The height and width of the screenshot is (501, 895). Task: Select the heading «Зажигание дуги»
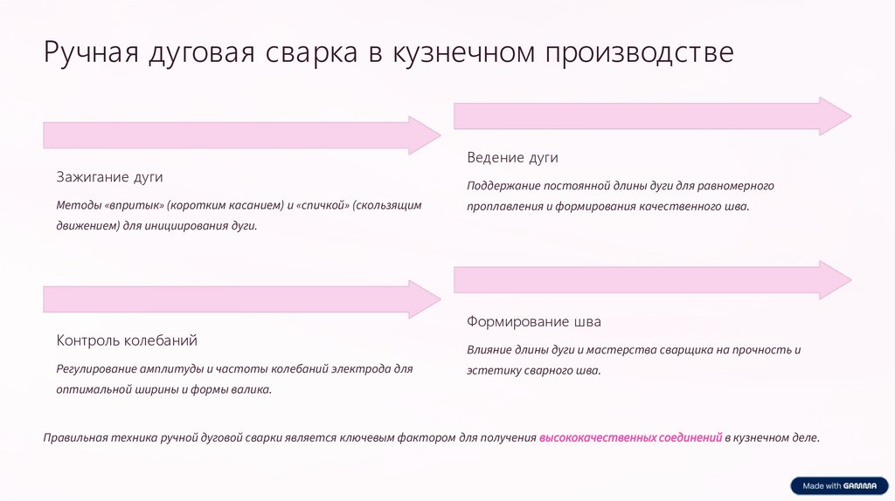point(110,176)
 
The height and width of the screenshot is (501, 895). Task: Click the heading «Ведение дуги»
point(512,158)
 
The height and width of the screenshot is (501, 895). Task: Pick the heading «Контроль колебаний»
point(127,340)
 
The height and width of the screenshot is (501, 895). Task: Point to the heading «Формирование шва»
point(534,321)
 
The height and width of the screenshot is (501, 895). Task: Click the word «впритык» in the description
point(135,205)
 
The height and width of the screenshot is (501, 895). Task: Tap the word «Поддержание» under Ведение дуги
point(503,186)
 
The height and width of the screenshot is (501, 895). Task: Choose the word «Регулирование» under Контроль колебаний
point(95,368)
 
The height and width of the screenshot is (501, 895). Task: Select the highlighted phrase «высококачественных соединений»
point(630,437)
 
